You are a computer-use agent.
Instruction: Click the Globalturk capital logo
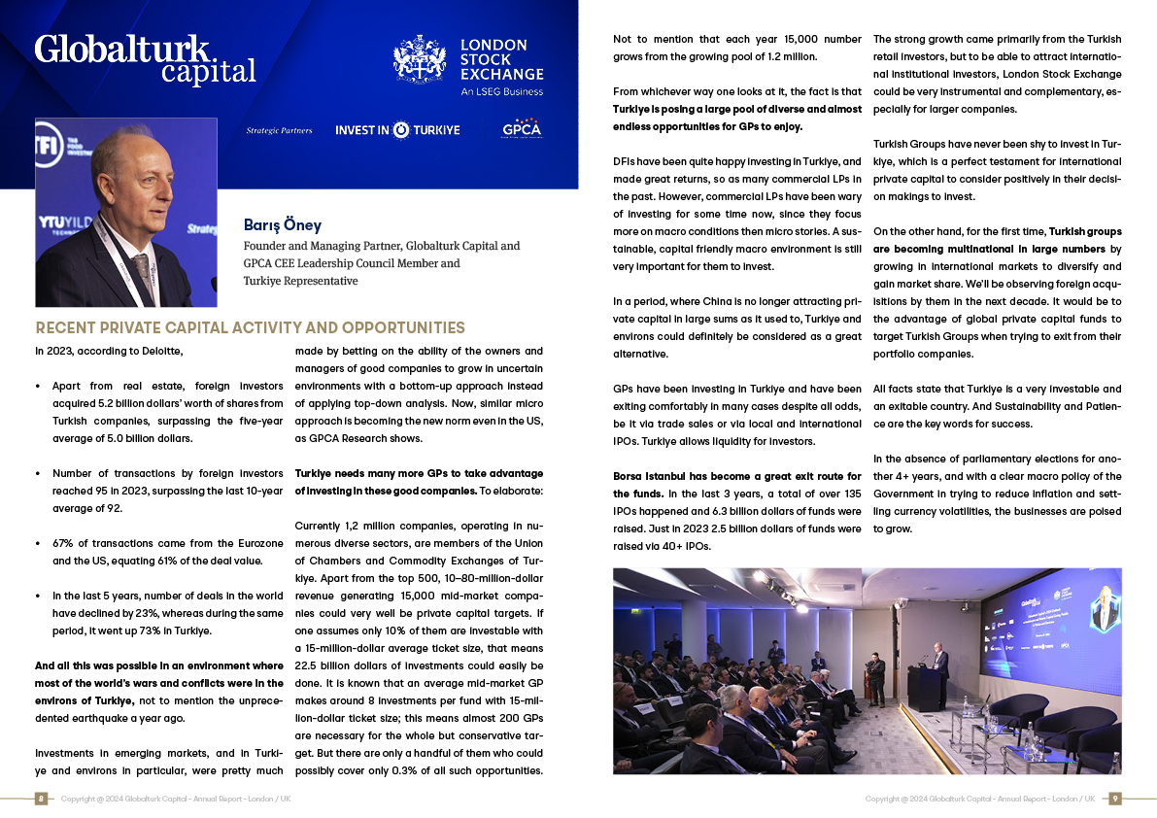click(145, 58)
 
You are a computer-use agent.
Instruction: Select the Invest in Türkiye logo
click(397, 129)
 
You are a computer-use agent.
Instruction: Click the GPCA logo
click(522, 129)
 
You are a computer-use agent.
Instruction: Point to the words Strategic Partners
click(280, 130)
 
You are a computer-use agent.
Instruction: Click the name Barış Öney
click(282, 225)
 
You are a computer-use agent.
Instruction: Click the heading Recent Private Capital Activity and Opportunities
click(250, 327)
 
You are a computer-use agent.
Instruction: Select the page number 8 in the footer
click(41, 799)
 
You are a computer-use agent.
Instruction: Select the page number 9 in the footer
click(1115, 799)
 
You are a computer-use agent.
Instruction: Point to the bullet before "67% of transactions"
click(38, 544)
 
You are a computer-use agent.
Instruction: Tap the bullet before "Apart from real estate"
click(38, 386)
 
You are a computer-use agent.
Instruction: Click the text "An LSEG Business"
click(501, 92)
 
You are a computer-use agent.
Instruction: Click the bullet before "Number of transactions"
click(38, 474)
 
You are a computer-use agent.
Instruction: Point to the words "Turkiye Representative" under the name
click(300, 281)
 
